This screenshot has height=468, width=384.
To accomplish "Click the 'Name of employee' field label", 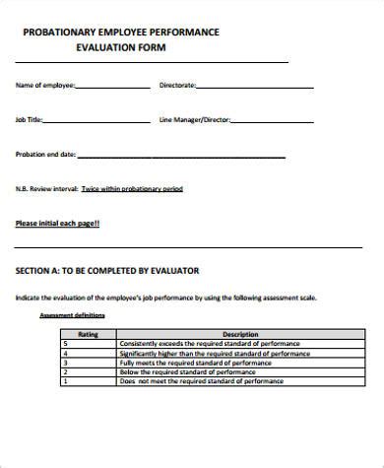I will pos(44,86).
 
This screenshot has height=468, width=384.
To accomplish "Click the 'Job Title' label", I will pos(30,119).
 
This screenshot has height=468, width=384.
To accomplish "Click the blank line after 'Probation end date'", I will pos(181,155).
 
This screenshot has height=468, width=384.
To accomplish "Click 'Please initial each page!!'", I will pos(57,223).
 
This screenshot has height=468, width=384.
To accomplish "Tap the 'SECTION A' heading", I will pos(108,269).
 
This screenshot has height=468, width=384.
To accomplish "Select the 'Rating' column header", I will pos(88,333).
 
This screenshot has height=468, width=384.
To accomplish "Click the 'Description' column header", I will pos(240,333).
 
